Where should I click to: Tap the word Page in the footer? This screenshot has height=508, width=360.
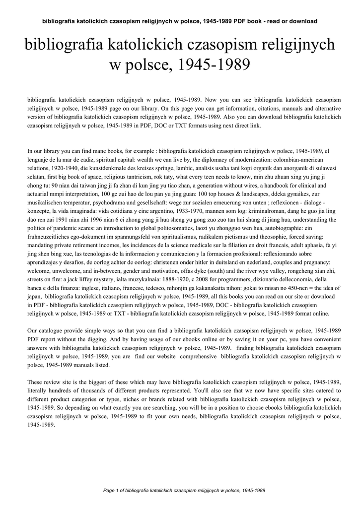tap(108, 491)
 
